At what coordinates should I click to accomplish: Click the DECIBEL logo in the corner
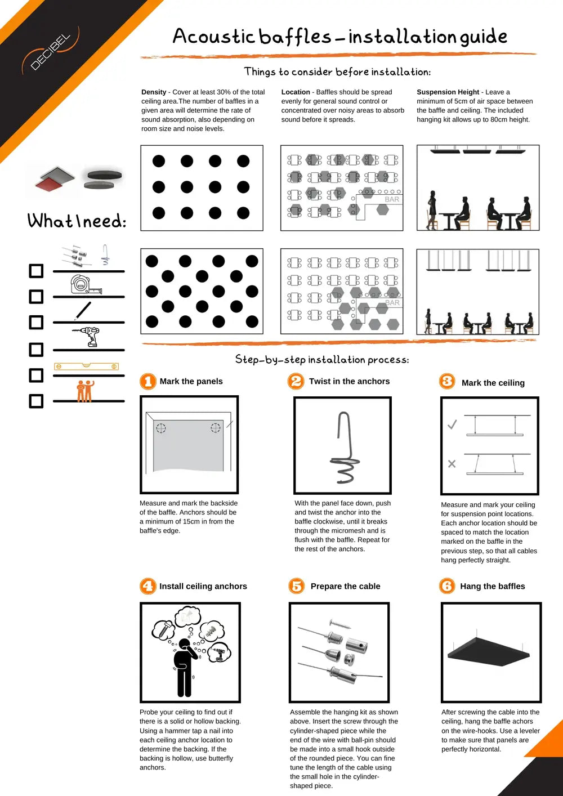click(x=51, y=52)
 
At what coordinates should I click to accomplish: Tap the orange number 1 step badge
click(x=148, y=382)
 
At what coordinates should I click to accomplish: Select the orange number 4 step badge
click(x=148, y=586)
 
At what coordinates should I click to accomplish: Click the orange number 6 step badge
click(x=447, y=586)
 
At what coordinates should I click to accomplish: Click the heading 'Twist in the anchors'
click(x=349, y=381)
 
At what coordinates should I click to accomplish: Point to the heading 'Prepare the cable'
click(x=345, y=586)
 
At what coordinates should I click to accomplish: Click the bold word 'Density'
click(x=154, y=92)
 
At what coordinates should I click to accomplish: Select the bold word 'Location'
click(x=296, y=92)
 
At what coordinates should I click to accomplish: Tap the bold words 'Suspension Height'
click(x=448, y=92)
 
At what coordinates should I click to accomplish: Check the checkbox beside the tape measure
click(x=36, y=297)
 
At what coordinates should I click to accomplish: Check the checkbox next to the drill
click(x=36, y=350)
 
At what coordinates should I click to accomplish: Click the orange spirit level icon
click(x=86, y=366)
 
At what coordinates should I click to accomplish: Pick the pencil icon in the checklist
click(x=83, y=311)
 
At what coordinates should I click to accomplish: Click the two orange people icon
click(x=84, y=391)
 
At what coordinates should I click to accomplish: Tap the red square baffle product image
click(x=54, y=180)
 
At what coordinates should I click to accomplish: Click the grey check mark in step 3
click(x=452, y=424)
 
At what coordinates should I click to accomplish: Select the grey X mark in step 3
click(x=452, y=464)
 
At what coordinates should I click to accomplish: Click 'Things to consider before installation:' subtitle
click(x=337, y=71)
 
